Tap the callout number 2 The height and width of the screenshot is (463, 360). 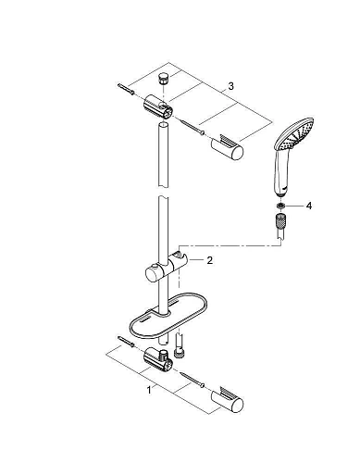[210, 261]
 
